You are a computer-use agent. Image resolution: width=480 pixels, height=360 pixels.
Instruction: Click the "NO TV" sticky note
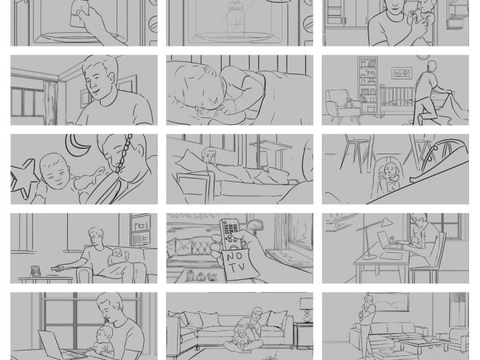[235, 264]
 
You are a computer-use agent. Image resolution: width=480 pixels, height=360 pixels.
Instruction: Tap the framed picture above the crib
[401, 73]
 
